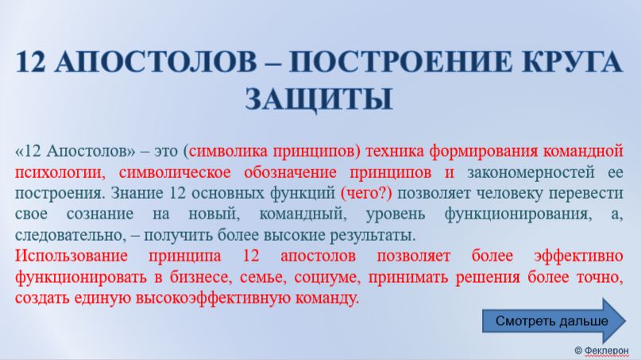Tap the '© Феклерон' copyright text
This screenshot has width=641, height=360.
[x=603, y=350]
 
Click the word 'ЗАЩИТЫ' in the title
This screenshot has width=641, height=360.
[x=319, y=99]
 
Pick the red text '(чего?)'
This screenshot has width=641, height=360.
[x=366, y=194]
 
